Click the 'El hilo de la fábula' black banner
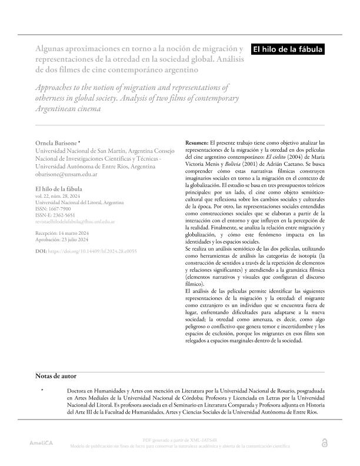pyautogui.click(x=288, y=50)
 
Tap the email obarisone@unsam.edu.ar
pyautogui.click(x=66, y=174)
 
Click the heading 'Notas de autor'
pyautogui.click(x=55, y=376)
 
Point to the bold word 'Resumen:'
pyautogui.click(x=196, y=144)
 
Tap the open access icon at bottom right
pyautogui.click(x=324, y=442)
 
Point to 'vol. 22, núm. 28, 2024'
pyautogui.click(x=58, y=196)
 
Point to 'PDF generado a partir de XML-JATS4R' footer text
pyautogui.click(x=179, y=440)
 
